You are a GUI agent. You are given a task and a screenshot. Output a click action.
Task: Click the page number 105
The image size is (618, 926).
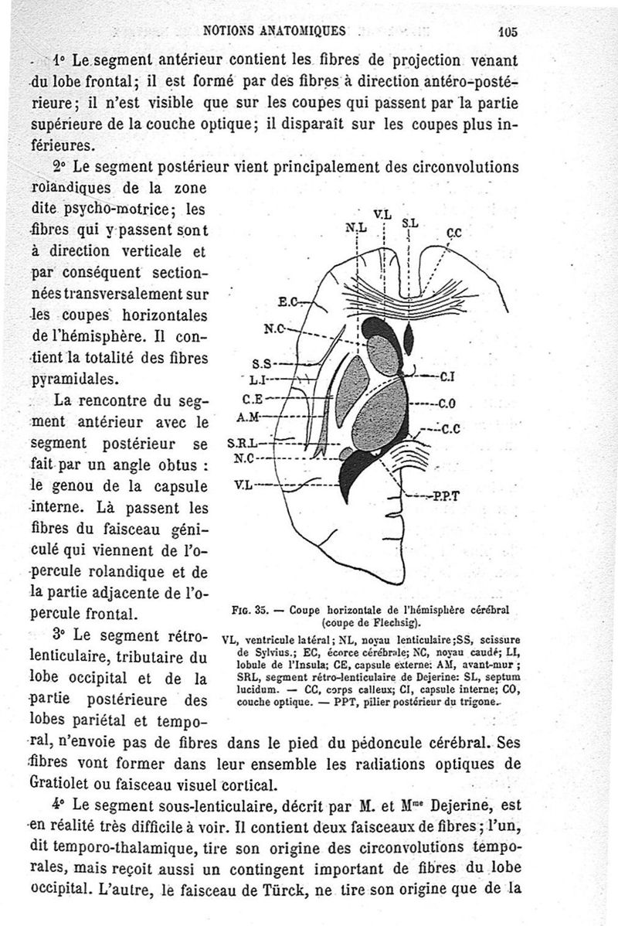pos(508,32)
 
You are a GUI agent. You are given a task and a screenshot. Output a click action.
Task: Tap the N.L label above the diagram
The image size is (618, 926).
pos(356,227)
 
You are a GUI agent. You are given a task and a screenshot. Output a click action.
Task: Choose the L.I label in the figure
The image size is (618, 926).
pos(257,380)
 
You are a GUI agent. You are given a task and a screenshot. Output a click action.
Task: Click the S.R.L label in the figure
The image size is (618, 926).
pos(243,444)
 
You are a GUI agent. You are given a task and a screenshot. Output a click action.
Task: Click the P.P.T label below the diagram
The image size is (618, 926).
pos(449,498)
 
